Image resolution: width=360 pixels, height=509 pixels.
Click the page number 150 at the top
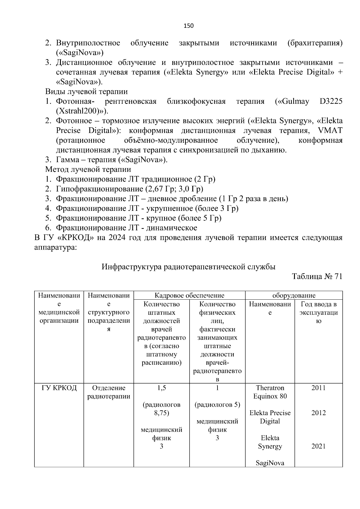tap(189, 26)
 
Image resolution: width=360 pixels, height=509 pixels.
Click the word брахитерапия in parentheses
tap(315, 43)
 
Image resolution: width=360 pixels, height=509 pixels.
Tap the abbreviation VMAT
tap(330, 131)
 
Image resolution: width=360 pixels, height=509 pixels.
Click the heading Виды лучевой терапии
tap(86, 91)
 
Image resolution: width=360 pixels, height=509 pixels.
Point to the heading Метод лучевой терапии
tap(88, 169)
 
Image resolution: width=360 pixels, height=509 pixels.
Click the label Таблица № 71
tap(317, 277)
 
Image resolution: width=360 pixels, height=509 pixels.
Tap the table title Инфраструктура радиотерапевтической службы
tap(188, 267)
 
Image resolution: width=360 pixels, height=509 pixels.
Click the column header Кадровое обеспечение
tap(189, 295)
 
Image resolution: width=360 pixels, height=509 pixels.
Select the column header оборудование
tap(294, 295)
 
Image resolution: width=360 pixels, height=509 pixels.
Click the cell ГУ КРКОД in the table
tap(59, 388)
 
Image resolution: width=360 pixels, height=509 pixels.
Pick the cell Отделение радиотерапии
tap(109, 392)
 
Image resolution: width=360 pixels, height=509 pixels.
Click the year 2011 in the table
tap(318, 388)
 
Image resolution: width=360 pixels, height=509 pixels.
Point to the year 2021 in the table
tap(318, 446)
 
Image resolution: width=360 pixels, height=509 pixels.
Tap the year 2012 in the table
tap(318, 413)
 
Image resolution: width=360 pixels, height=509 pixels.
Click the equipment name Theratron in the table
tap(270, 388)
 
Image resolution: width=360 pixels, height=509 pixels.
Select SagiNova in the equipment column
tap(270, 463)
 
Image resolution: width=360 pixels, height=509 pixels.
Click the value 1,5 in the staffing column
tap(161, 388)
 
